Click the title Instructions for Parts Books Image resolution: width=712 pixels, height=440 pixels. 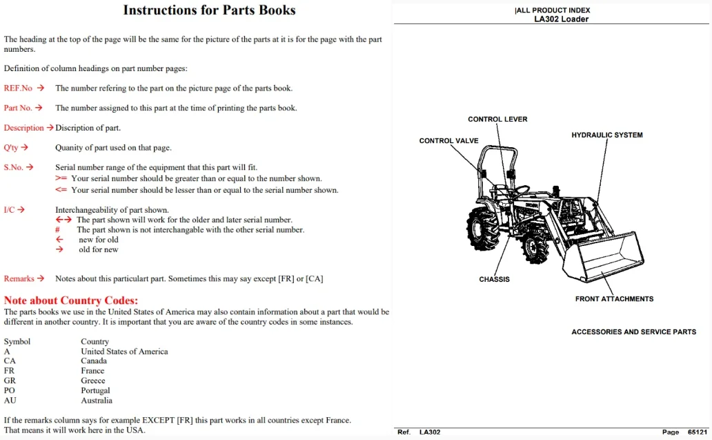[209, 10]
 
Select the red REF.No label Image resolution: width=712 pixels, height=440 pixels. [18, 88]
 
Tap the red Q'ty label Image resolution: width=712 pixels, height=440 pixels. [11, 148]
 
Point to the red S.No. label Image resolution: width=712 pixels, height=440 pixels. [13, 167]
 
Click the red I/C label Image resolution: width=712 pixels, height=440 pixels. [9, 209]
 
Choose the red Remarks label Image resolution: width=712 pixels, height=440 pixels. [19, 278]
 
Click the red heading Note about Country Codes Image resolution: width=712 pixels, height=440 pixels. [71, 300]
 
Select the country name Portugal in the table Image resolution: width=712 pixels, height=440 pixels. [95, 390]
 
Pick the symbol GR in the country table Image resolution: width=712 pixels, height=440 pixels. [10, 381]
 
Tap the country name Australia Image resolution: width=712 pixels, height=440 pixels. [97, 401]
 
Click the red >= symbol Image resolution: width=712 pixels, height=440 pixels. [61, 178]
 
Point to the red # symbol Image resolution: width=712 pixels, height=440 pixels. [57, 230]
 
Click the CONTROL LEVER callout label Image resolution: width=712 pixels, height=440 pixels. [497, 119]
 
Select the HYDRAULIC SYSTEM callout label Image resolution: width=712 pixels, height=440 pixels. [607, 135]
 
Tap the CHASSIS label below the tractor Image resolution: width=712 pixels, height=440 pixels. [494, 279]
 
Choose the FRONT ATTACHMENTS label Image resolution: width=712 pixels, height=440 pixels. [614, 298]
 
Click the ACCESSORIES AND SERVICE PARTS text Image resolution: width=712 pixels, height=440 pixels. [633, 332]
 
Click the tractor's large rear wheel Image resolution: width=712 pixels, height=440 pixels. [483, 228]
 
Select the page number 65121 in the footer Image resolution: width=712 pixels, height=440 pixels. [698, 432]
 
